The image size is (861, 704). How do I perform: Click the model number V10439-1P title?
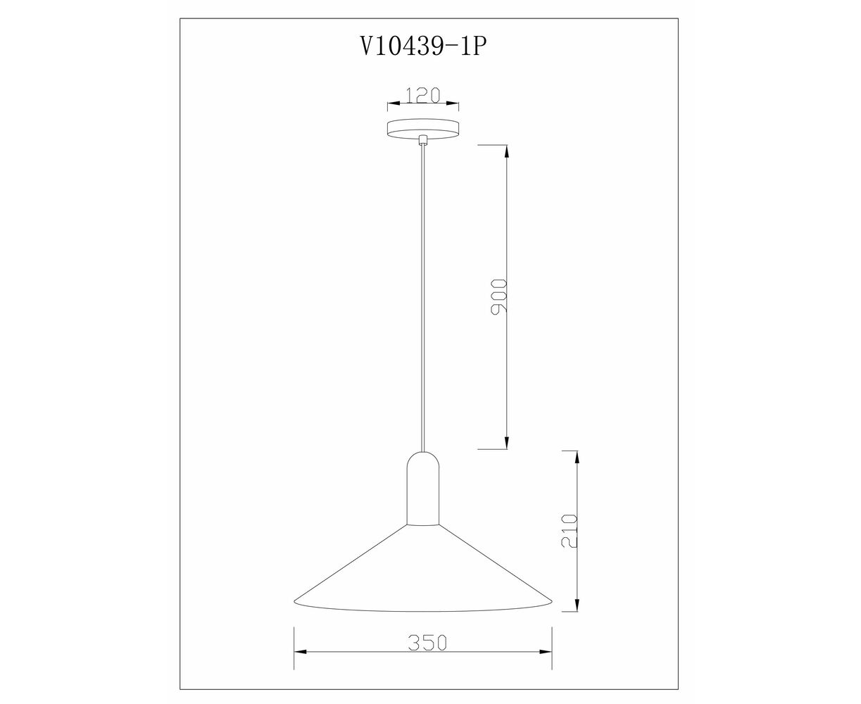pyautogui.click(x=423, y=47)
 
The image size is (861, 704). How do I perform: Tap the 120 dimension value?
pyautogui.click(x=423, y=95)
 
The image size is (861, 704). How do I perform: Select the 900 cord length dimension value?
pyautogui.click(x=498, y=296)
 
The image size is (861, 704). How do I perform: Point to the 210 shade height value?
pyautogui.click(x=570, y=532)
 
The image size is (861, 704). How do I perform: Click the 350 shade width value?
pyautogui.click(x=427, y=643)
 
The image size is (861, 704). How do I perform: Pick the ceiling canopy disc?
pyautogui.click(x=423, y=129)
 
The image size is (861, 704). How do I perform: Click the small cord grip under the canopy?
pyautogui.click(x=423, y=140)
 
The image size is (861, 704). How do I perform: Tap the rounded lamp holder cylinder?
pyautogui.click(x=423, y=488)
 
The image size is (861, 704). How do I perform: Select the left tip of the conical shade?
pyautogui.click(x=294, y=601)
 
